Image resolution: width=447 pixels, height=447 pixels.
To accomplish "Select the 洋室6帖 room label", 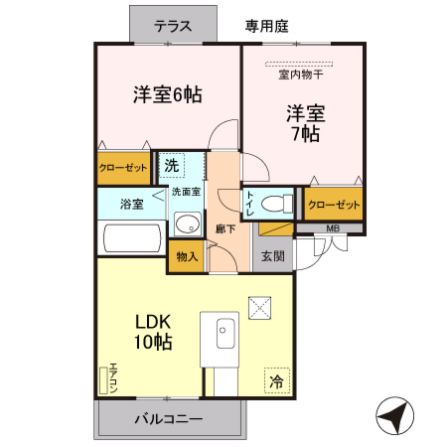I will (x=168, y=95).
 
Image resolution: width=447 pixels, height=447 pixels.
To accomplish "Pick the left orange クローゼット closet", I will (x=123, y=168).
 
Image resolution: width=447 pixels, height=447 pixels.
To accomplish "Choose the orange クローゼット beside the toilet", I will (x=333, y=205).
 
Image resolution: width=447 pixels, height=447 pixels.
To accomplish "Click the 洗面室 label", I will (x=186, y=191).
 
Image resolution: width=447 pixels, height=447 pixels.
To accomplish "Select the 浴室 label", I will (x=131, y=205).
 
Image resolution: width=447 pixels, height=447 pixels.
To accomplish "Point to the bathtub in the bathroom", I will (x=131, y=237).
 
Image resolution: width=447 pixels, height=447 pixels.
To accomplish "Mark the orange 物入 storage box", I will (x=187, y=255).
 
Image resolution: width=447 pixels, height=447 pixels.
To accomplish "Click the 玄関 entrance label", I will (x=272, y=255).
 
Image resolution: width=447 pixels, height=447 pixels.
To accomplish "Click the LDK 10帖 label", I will (x=154, y=332).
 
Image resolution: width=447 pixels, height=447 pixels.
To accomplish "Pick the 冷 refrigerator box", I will (x=276, y=380).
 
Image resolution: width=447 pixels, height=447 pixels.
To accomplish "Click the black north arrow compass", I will (x=394, y=415).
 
